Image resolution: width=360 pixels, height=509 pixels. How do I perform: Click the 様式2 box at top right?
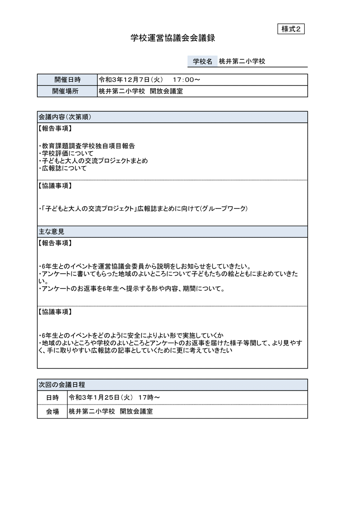(x=291, y=29)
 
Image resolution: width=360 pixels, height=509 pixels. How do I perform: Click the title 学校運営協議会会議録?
(x=173, y=39)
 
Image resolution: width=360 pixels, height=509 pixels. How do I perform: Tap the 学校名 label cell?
(x=202, y=61)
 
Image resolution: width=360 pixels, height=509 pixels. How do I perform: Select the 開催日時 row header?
(x=67, y=80)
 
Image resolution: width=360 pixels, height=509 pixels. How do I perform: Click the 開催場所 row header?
(x=67, y=91)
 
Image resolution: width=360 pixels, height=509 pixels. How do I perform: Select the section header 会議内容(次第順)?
(x=65, y=117)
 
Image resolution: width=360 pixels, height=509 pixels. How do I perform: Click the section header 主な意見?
(x=51, y=232)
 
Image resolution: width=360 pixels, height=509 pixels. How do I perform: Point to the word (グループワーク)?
(x=224, y=208)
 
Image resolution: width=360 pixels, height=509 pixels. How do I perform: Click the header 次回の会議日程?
(x=62, y=385)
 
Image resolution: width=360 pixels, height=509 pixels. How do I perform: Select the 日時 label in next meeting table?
(x=52, y=397)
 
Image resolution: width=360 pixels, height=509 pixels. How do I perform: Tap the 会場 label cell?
(x=52, y=412)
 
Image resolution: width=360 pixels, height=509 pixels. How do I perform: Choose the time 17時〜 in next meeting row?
(x=149, y=397)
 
